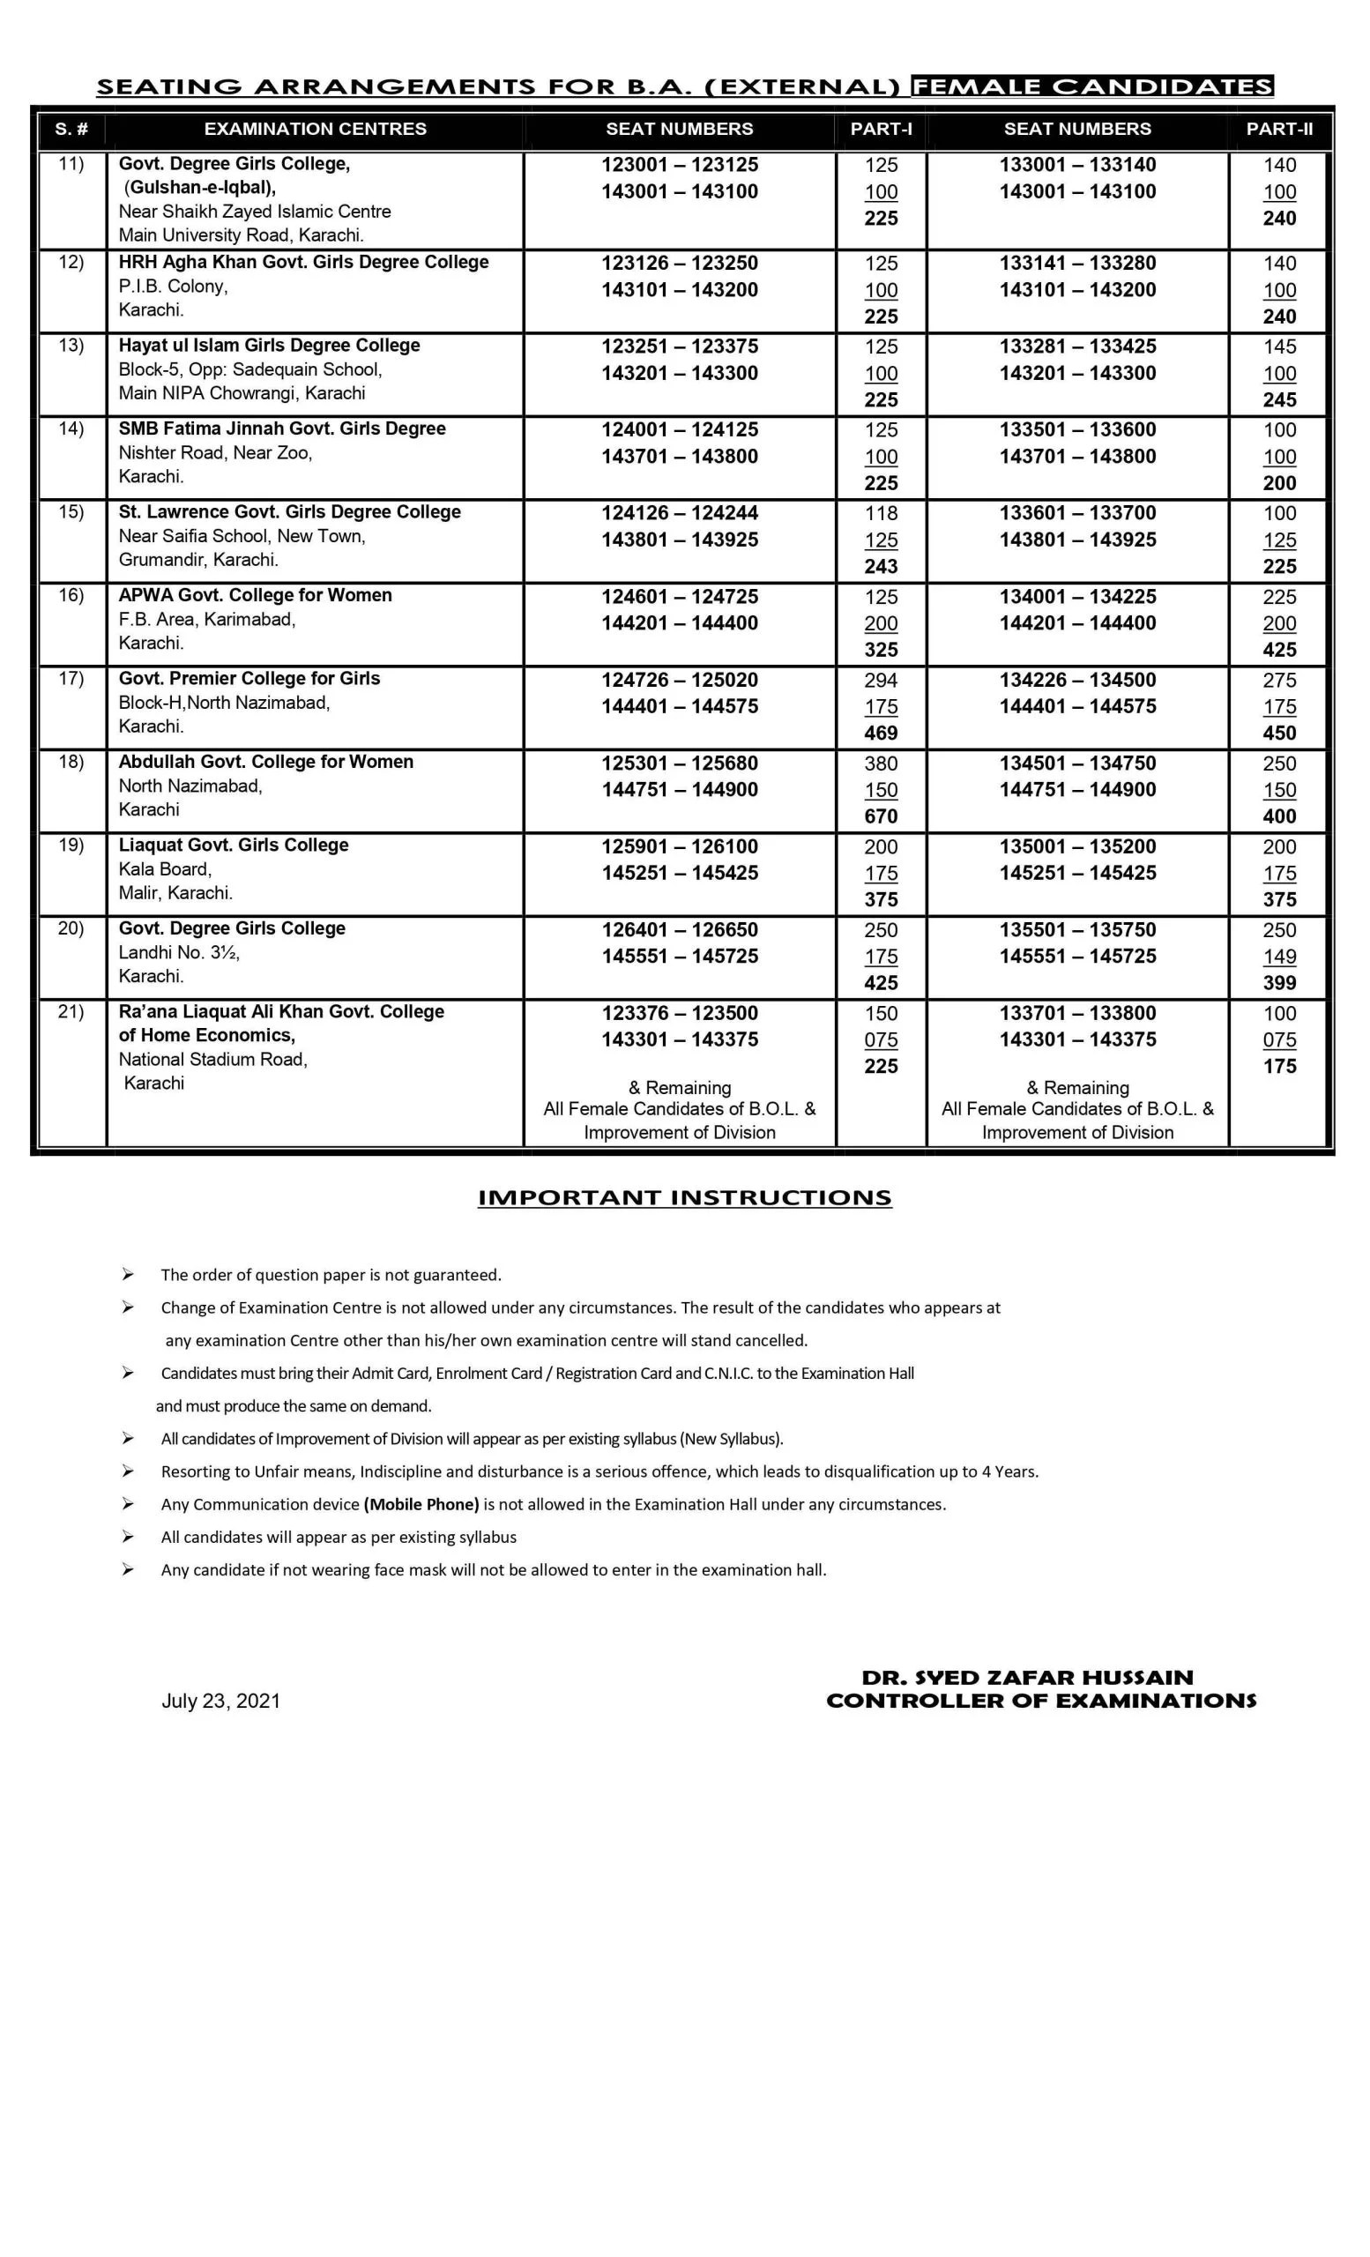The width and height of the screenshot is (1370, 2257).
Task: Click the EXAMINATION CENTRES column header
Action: (315, 129)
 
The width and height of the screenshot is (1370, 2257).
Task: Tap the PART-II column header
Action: (1278, 129)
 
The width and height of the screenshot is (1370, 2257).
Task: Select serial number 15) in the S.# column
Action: (71, 512)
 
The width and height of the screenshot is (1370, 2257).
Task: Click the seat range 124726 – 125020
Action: (680, 680)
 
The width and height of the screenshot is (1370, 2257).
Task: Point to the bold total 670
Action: (880, 816)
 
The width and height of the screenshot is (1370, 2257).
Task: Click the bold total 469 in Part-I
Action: (880, 733)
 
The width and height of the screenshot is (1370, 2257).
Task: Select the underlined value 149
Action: (1278, 957)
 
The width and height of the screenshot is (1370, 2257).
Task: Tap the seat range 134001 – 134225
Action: (1077, 596)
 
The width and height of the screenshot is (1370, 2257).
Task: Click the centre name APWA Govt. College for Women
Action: (255, 595)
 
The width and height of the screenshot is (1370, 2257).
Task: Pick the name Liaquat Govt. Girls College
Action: (234, 845)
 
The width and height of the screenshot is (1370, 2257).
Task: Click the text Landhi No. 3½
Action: (179, 953)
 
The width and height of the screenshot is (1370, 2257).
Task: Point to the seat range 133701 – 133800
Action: (1077, 1013)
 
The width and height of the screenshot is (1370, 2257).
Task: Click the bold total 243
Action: (880, 566)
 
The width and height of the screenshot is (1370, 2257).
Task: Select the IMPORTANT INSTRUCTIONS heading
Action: (684, 1198)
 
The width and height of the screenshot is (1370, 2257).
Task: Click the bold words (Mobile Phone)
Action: (421, 1504)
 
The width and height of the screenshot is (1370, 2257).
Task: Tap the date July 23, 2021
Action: (220, 1701)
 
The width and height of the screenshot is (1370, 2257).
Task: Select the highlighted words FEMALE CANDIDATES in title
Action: (1091, 87)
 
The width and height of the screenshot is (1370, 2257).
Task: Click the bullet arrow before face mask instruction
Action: (128, 1570)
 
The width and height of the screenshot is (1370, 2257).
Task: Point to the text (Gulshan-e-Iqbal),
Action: (198, 188)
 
